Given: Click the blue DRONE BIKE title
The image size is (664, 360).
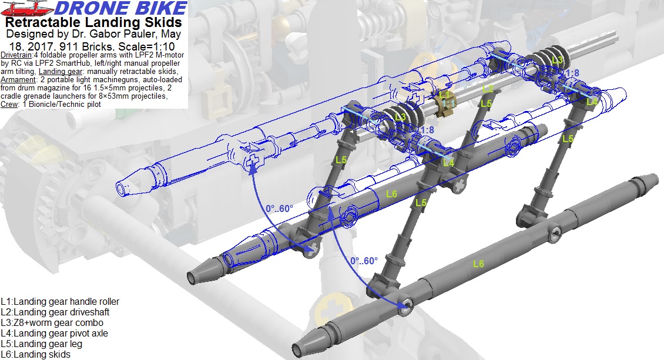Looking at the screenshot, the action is tap(120, 8).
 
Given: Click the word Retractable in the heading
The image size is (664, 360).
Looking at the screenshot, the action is tap(43, 22).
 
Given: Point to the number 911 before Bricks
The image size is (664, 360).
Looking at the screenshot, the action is tap(69, 46).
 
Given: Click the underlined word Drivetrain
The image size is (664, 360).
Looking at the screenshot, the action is tap(16, 55).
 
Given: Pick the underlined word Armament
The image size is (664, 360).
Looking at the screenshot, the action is tap(18, 79).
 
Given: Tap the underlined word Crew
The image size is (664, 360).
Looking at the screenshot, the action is tap(9, 104).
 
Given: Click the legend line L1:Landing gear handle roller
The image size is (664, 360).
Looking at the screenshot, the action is tap(60, 302).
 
